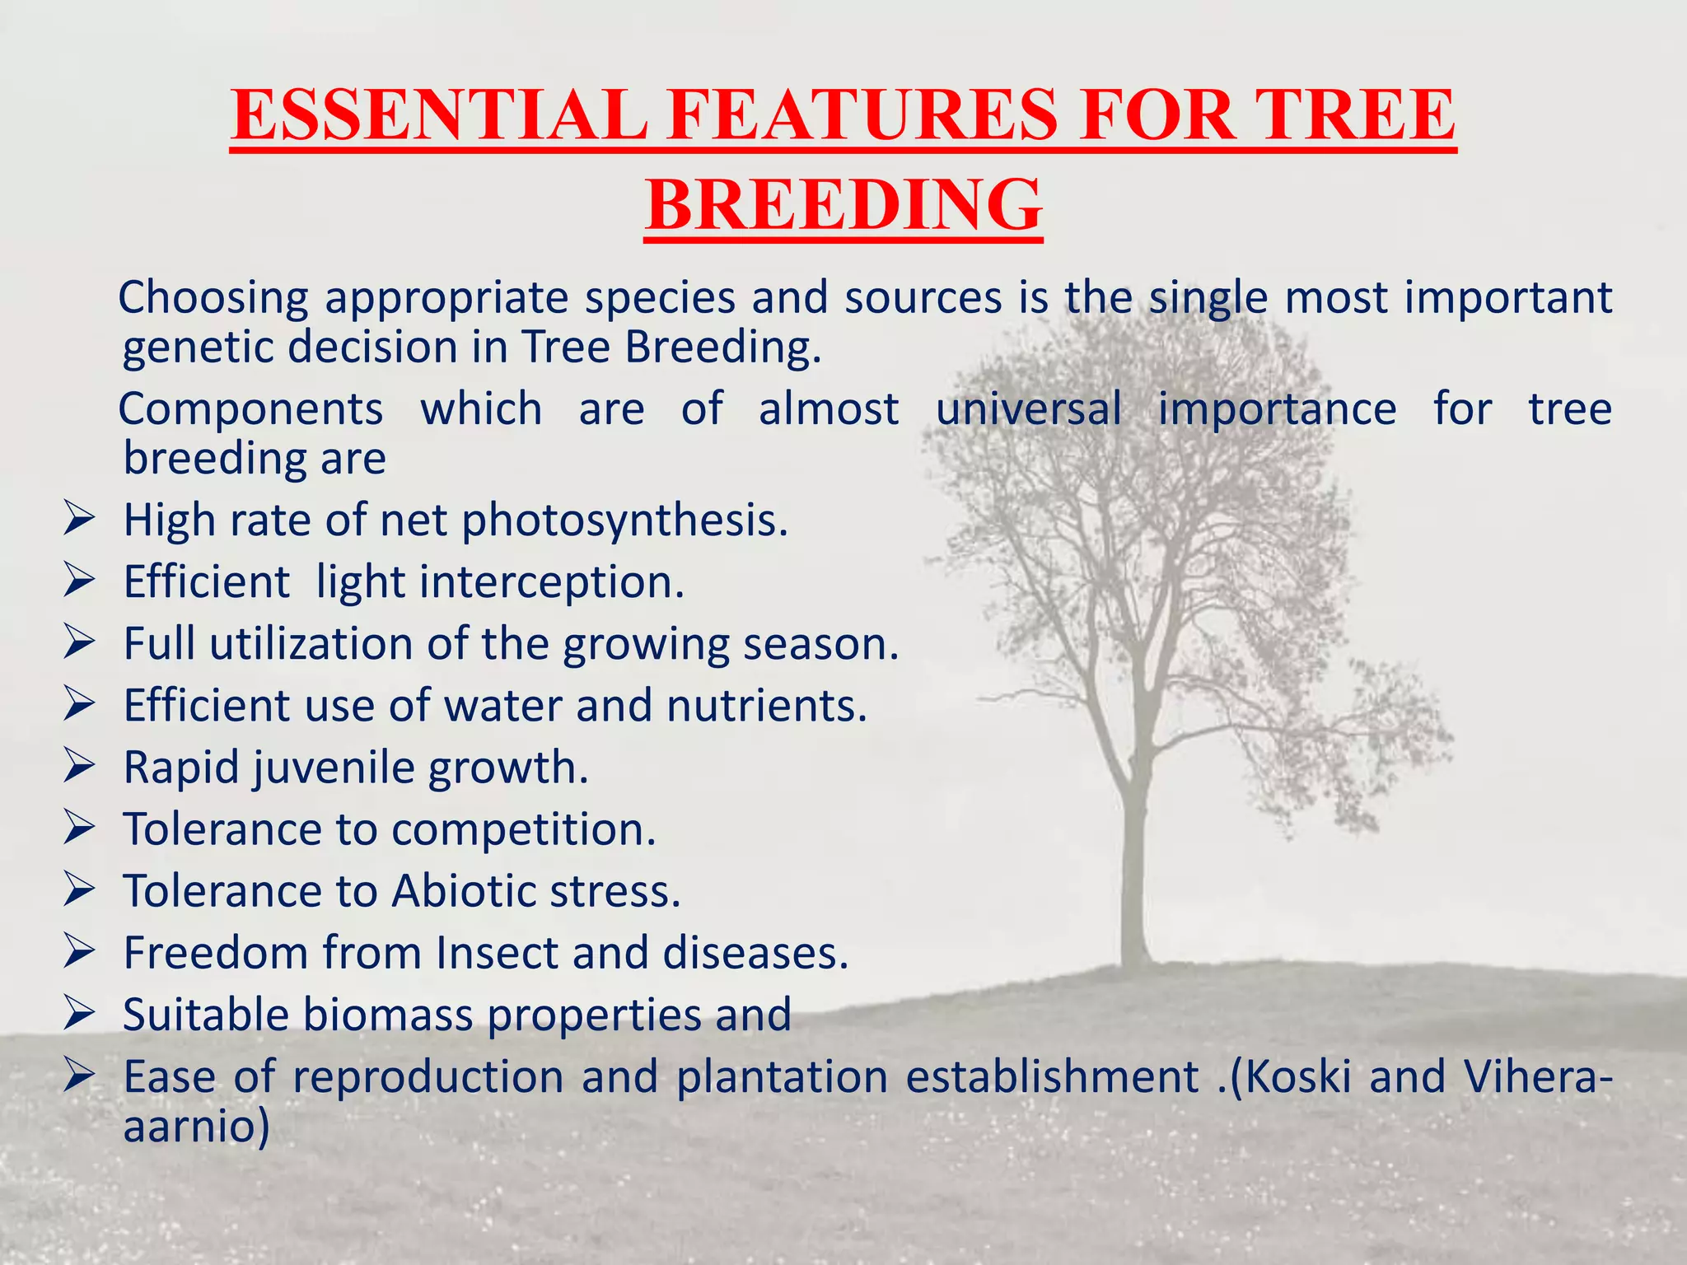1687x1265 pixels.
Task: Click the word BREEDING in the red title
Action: [x=843, y=205]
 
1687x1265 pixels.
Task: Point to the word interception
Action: [x=552, y=583]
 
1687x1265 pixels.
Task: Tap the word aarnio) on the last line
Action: [x=196, y=1127]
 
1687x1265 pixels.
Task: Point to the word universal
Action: [x=1029, y=409]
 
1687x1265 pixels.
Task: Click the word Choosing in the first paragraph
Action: [x=213, y=298]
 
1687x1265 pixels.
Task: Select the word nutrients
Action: [x=766, y=707]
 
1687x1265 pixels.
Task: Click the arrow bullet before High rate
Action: [x=80, y=520]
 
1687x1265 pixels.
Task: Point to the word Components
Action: [x=250, y=409]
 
